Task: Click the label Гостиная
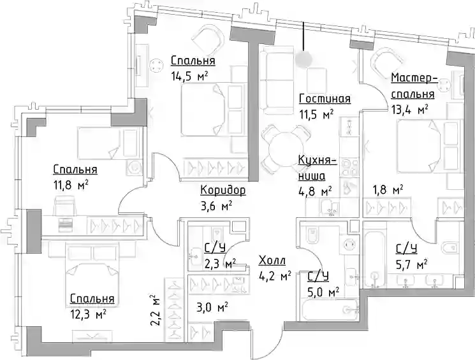pyautogui.click(x=325, y=98)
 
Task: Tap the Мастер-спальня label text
pyautogui.click(x=414, y=85)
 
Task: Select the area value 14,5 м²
pyautogui.click(x=189, y=76)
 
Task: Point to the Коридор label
pyautogui.click(x=223, y=190)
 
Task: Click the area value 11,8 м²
pyautogui.click(x=71, y=184)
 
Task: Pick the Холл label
pyautogui.click(x=272, y=261)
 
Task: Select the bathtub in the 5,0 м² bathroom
pyautogui.click(x=330, y=310)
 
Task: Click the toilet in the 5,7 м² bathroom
pyautogui.click(x=449, y=248)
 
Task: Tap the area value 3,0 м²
pyautogui.click(x=212, y=308)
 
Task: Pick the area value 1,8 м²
pyautogui.click(x=388, y=190)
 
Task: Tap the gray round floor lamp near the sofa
pyautogui.click(x=304, y=59)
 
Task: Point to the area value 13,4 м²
pyautogui.click(x=409, y=110)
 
